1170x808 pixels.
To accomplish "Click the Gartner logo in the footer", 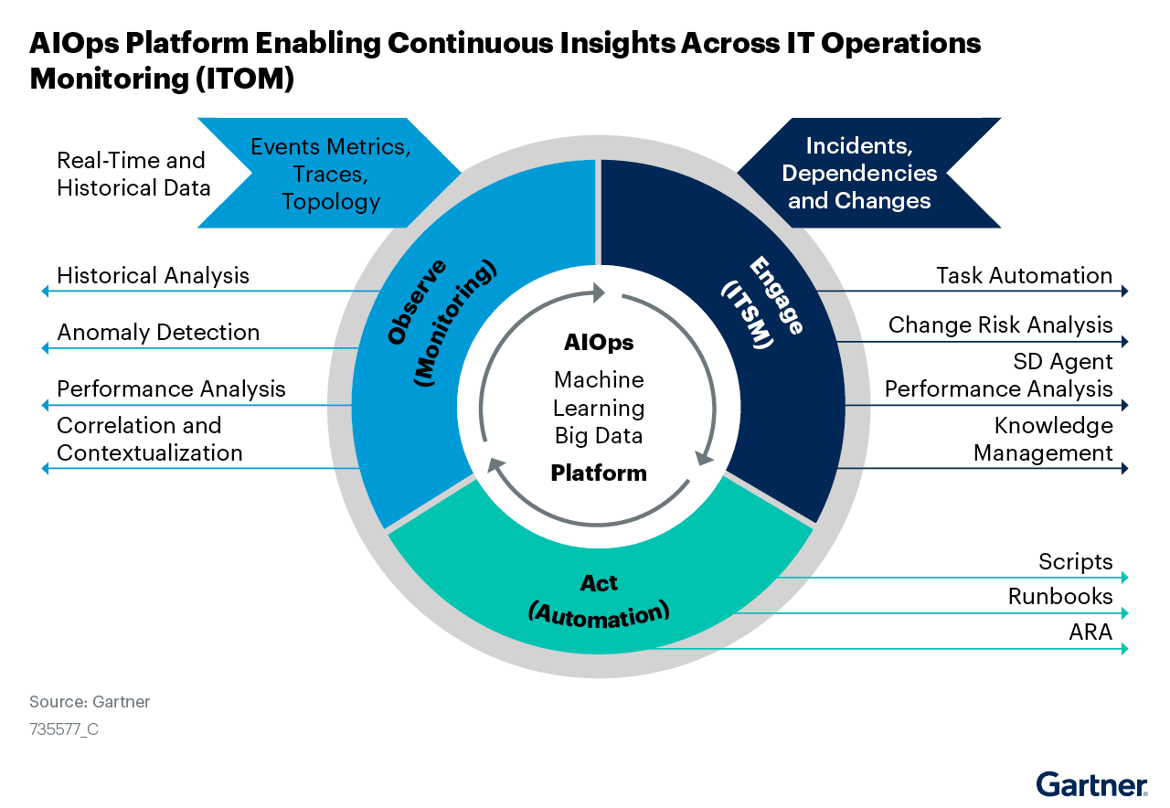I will pos(1091,784).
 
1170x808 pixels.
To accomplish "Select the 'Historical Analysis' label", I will pos(153,275).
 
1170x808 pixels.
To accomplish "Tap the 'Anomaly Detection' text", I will pos(158,332).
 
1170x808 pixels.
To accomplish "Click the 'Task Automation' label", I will pos(1024,275).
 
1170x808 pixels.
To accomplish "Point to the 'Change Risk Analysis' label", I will pos(1000,324).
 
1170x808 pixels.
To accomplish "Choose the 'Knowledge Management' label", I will pos(1043,439).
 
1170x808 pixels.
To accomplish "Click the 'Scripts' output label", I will pos(1075,561).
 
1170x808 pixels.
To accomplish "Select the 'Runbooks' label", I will pos(1060,597).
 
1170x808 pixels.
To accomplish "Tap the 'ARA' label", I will pos(1090,632).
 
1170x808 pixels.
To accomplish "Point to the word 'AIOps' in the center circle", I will pos(599,343).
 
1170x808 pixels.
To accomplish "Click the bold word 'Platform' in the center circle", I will pos(599,473).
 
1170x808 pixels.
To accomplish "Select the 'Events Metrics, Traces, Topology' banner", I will pos(330,173).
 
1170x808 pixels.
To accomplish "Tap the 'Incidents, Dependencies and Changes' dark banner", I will pos(859,173).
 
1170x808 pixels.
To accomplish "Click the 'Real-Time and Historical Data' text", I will pos(133,174).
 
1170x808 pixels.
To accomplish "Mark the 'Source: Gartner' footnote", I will pos(90,702).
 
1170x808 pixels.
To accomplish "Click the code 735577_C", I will pos(64,729).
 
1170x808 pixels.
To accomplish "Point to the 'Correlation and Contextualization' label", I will pos(149,439).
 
